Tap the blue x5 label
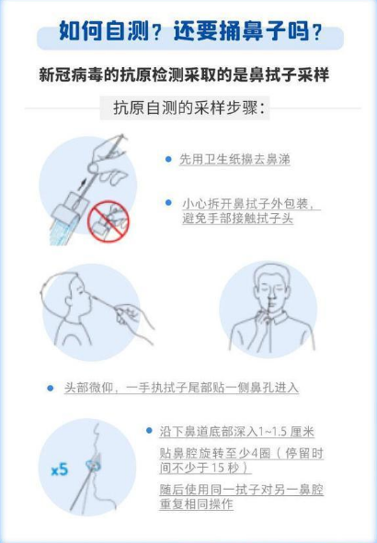(60, 469)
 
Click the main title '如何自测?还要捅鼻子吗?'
(190, 31)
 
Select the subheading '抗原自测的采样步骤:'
(189, 108)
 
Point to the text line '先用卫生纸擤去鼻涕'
(234, 159)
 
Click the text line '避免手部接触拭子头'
(238, 219)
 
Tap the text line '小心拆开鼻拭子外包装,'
(249, 204)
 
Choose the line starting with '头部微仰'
(181, 388)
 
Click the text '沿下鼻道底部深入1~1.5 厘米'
(237, 432)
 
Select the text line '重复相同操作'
(196, 503)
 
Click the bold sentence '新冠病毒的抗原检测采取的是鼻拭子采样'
(184, 74)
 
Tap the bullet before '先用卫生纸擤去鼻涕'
(168, 159)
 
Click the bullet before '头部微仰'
(51, 389)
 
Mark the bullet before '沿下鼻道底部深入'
(149, 431)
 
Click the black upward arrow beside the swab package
(82, 184)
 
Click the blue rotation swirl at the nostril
(94, 465)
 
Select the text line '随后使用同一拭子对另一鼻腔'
(242, 490)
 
